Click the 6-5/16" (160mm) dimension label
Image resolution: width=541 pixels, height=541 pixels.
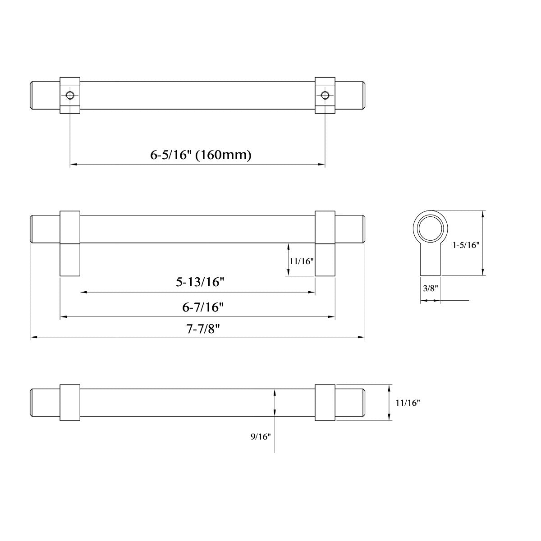click(201, 155)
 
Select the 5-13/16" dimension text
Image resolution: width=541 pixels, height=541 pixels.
click(200, 282)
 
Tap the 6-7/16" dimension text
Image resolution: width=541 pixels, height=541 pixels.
click(203, 307)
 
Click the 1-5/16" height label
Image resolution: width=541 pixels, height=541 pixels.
click(466, 245)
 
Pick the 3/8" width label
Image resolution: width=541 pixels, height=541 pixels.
click(430, 288)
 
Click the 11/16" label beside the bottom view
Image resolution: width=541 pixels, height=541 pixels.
click(408, 403)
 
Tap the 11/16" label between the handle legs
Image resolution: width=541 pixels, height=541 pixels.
click(301, 261)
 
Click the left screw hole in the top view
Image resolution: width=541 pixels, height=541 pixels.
click(70, 95)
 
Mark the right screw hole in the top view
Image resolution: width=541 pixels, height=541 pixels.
click(325, 95)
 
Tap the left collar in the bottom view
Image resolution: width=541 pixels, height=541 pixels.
click(70, 403)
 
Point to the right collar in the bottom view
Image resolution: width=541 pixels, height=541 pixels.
click(325, 403)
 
